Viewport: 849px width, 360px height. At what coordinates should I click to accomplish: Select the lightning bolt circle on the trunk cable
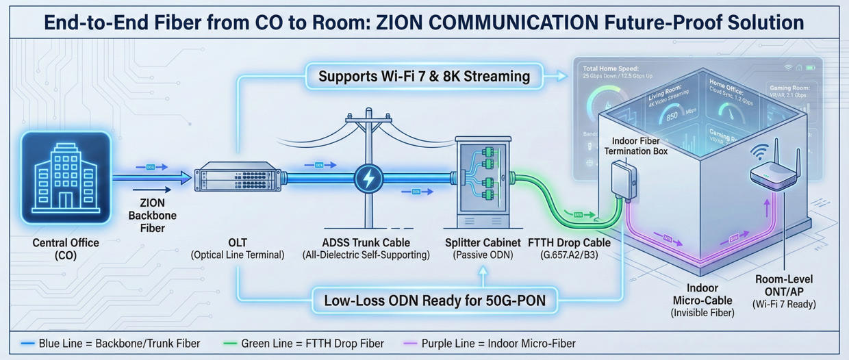pyautogui.click(x=368, y=179)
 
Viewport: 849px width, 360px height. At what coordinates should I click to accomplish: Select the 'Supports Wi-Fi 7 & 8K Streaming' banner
pyautogui.click(x=424, y=75)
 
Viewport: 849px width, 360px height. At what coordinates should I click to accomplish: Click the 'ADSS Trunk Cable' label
pyautogui.click(x=366, y=243)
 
